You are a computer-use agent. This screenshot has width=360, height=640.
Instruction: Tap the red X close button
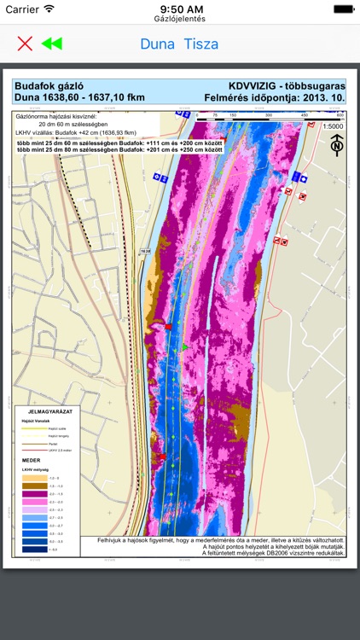point(25,44)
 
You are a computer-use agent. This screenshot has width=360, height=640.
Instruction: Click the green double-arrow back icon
point(52,44)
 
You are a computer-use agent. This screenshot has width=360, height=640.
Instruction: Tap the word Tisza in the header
point(201,44)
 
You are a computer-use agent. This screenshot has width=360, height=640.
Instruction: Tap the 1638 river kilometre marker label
point(144,251)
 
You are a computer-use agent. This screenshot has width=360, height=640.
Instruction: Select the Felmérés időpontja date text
point(275,97)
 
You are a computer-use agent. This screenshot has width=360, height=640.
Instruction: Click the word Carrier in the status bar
point(22,9)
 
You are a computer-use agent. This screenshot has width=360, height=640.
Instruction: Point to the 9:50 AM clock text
point(180,9)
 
